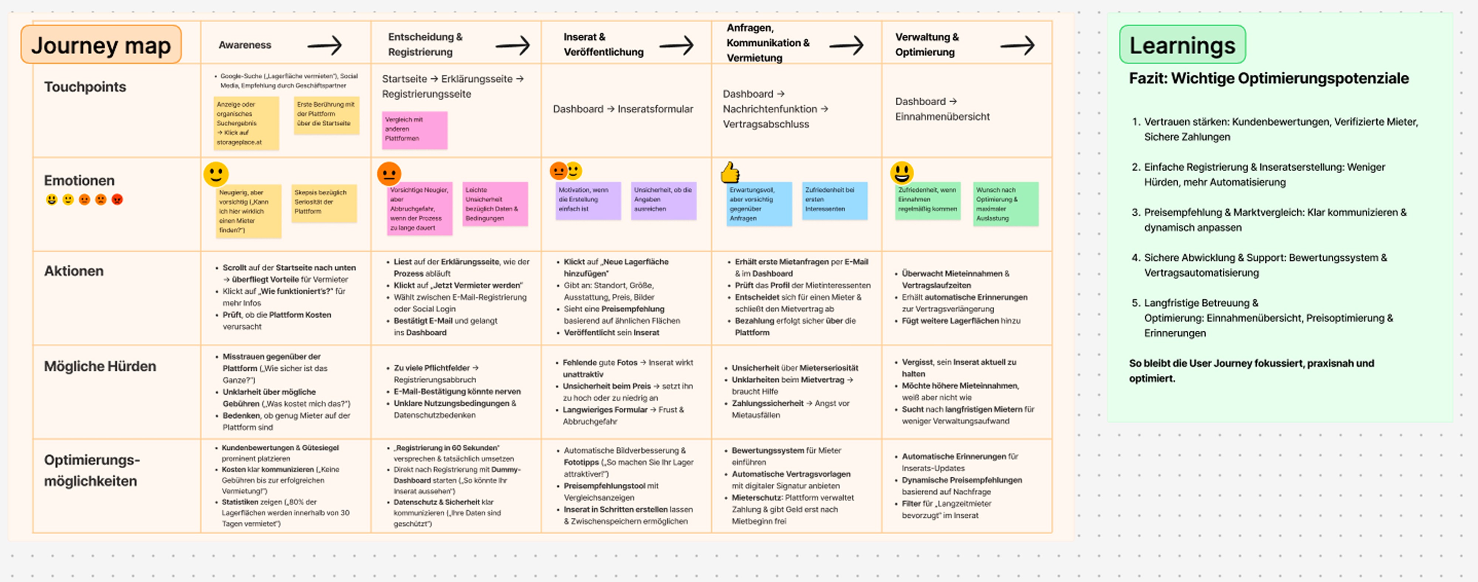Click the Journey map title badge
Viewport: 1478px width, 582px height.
(x=101, y=45)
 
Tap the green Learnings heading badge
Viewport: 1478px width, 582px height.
(x=1182, y=45)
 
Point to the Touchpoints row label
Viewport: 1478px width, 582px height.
(x=85, y=87)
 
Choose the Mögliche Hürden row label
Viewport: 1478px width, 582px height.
(x=100, y=366)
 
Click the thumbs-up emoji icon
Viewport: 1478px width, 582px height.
(x=730, y=171)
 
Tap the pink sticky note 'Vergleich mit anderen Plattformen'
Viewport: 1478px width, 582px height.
(x=414, y=130)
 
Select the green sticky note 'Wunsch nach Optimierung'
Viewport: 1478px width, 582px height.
(x=1005, y=204)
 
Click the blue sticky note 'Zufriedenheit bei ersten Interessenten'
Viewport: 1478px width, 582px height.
(x=834, y=200)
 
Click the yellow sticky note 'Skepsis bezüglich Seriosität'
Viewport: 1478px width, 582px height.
(x=324, y=202)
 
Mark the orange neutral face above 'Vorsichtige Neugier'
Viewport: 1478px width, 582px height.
(x=389, y=173)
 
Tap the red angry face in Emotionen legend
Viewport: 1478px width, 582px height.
(x=117, y=200)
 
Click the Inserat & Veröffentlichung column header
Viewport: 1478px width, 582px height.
(x=603, y=45)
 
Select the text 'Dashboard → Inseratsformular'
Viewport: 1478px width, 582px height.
(x=623, y=109)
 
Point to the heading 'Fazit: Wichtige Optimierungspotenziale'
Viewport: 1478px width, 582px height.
(x=1268, y=79)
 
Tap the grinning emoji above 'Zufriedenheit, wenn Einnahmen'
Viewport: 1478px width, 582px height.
(x=901, y=172)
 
